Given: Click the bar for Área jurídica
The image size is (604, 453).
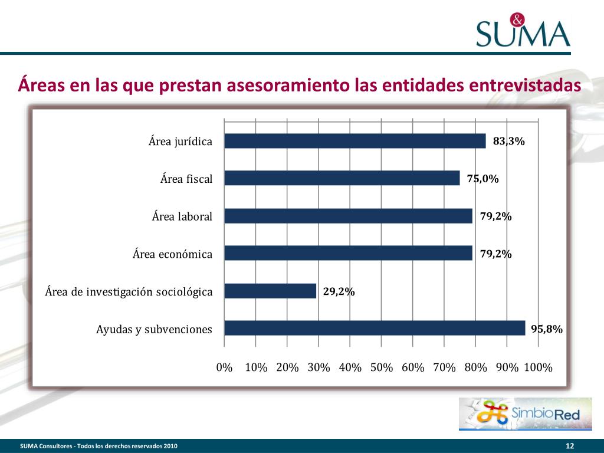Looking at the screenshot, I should (x=354, y=141).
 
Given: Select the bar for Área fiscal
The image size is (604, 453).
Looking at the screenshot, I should (x=342, y=178).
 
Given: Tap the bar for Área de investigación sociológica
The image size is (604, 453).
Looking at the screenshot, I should (x=270, y=291).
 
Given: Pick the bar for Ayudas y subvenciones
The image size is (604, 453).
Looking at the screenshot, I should (x=375, y=328).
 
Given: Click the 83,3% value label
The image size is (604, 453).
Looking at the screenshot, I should (x=508, y=142).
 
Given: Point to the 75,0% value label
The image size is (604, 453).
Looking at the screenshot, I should (x=482, y=179).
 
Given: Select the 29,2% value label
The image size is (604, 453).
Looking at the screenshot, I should (x=339, y=291).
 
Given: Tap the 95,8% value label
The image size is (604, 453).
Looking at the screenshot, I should (x=546, y=329).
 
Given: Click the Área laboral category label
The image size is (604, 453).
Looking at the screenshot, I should (x=182, y=216).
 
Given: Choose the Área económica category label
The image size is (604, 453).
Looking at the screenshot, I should (x=172, y=254).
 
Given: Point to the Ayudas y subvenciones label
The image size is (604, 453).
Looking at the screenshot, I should (x=154, y=329).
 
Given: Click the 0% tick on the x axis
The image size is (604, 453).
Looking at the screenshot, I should (x=224, y=367).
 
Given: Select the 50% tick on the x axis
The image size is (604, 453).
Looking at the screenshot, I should (x=382, y=367).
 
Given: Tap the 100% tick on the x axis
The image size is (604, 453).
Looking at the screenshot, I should (x=538, y=367).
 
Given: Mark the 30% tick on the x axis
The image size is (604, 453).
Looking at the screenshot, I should (x=319, y=367).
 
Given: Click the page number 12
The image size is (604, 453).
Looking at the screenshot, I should (x=570, y=445).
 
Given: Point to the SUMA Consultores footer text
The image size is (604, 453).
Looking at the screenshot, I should (x=99, y=445).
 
